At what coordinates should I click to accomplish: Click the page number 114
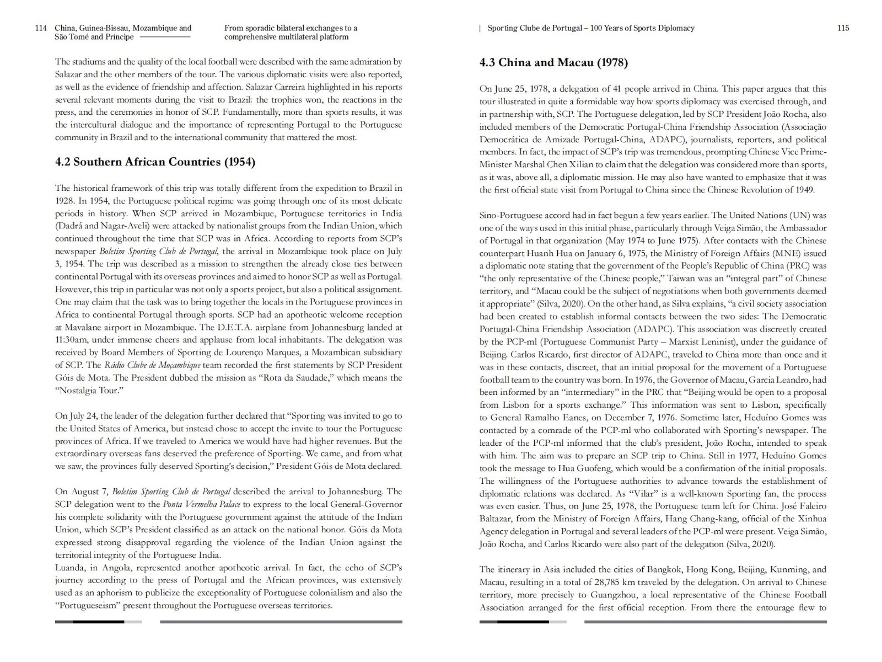click(x=41, y=28)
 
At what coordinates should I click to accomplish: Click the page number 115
click(x=843, y=28)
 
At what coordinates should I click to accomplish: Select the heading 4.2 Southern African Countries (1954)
click(x=155, y=162)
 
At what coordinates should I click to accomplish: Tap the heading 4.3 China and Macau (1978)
click(x=553, y=62)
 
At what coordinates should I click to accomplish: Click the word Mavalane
click(x=73, y=327)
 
